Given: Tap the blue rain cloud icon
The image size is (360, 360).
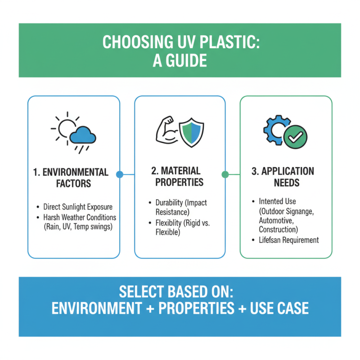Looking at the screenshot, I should [83, 135].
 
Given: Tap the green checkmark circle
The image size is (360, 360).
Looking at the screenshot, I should [295, 136].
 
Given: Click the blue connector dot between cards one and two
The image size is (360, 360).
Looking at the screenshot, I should [119, 174].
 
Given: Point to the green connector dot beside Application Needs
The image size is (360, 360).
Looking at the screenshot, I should [225, 174].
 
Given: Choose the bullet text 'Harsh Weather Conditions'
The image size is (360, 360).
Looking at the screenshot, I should [80, 217].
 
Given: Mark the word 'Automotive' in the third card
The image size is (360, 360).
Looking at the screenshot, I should [275, 220].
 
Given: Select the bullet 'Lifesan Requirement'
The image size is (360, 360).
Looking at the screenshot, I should [288, 240].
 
